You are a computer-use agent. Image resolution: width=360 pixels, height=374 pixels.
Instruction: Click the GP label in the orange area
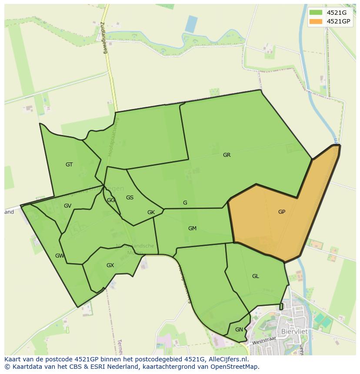tap(282, 212)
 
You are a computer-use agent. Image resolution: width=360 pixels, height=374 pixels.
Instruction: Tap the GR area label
tap(227, 155)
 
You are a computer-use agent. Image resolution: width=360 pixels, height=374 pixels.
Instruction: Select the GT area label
tap(69, 165)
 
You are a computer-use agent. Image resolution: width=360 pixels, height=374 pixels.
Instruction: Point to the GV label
tap(67, 206)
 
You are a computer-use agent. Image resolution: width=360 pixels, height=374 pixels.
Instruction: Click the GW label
tap(60, 256)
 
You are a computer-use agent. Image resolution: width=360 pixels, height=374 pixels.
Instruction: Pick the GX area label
tap(110, 265)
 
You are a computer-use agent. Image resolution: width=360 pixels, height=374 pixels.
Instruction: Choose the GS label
tap(130, 198)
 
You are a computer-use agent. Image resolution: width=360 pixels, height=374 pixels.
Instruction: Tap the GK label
tap(151, 212)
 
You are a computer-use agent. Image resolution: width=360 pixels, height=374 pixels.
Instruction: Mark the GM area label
tap(192, 228)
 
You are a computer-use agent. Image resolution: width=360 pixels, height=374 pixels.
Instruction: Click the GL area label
tap(255, 276)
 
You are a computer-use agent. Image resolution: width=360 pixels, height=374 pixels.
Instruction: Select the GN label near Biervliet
tap(239, 330)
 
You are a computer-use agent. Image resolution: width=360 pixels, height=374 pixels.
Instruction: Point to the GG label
tap(111, 200)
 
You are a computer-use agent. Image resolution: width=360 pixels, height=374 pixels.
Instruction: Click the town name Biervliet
tap(294, 331)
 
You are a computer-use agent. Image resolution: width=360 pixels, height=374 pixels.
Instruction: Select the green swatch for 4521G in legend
tap(316, 13)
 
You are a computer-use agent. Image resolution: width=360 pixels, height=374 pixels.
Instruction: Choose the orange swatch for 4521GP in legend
tap(316, 21)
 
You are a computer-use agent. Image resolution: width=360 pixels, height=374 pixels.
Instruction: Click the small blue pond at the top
tap(191, 24)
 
